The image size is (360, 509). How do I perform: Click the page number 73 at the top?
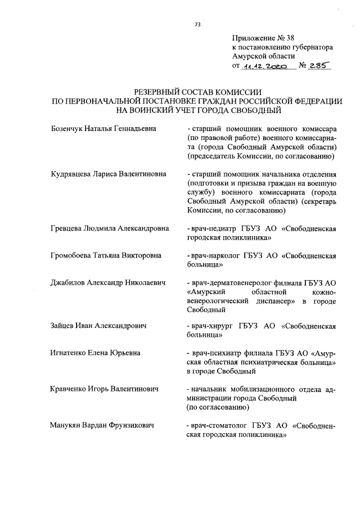pos(197,24)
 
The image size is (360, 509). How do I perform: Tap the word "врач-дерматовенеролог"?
pos(228,283)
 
